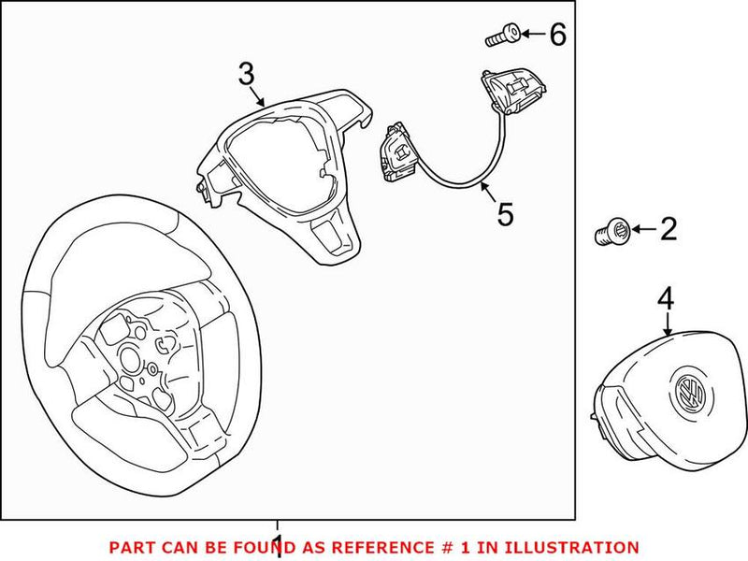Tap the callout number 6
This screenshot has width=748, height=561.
click(557, 36)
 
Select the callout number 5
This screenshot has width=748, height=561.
click(505, 214)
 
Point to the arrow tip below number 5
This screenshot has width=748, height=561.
click(482, 185)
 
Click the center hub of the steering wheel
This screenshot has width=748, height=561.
click(140, 354)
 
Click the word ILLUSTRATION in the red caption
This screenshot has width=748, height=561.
click(579, 547)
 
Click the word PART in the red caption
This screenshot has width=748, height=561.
click(129, 547)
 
